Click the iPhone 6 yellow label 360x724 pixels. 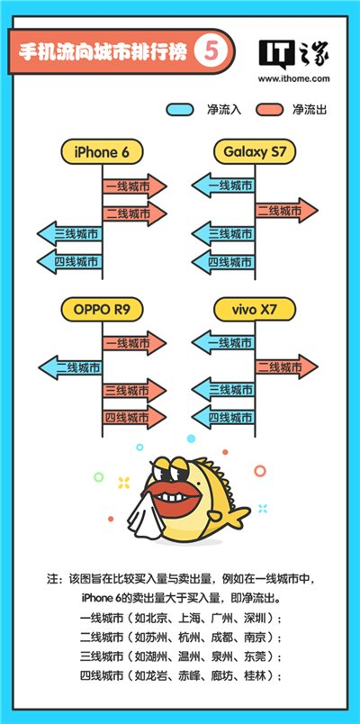102,152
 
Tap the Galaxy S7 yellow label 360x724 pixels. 255,152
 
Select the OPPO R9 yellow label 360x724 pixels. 102,309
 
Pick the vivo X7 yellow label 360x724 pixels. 255,309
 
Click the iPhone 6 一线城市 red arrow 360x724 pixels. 134,186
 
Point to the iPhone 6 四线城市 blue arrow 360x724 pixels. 69,262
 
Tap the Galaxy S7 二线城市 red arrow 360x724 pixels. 286,211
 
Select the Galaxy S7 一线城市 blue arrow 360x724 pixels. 223,186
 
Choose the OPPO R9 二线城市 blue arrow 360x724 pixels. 70,367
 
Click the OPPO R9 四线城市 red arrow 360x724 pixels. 134,418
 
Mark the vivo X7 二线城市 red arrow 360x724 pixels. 286,367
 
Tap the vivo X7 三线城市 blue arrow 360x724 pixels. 223,390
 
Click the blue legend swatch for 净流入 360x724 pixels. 179,110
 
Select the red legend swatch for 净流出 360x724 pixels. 269,110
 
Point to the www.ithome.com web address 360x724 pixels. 294,78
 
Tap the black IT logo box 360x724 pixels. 276,53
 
